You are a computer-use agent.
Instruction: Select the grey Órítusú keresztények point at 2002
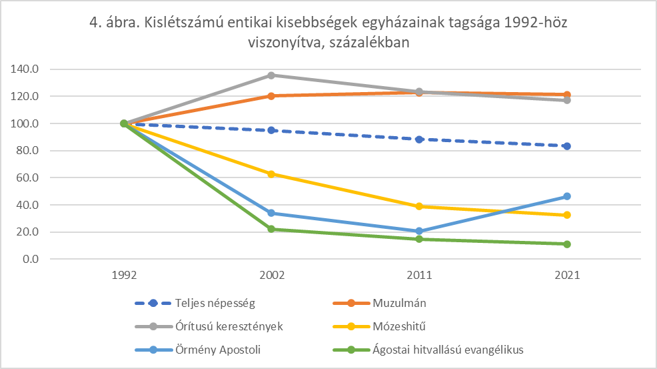(271, 75)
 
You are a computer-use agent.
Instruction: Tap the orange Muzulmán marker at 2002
(271, 95)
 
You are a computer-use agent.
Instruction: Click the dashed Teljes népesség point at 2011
(419, 139)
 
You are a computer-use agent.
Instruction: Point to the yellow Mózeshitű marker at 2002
(271, 174)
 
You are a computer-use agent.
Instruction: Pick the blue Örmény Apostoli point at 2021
(567, 196)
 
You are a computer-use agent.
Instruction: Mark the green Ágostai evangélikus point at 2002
(271, 229)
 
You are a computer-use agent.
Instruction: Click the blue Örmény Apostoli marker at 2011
(419, 232)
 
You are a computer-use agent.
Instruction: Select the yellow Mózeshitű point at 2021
(567, 215)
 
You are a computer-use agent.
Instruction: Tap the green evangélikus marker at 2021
(567, 244)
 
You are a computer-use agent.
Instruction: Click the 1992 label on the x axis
(123, 275)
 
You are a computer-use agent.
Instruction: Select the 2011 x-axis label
(419, 275)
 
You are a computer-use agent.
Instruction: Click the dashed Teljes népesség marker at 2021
(567, 145)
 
